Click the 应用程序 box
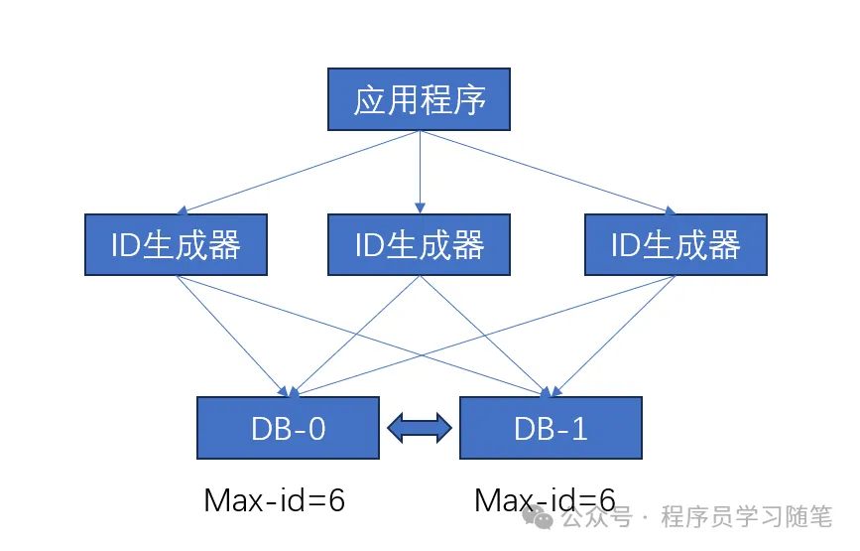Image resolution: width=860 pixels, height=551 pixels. (419, 99)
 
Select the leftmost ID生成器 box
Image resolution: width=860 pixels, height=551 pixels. (177, 244)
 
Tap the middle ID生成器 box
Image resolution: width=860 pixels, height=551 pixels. (419, 244)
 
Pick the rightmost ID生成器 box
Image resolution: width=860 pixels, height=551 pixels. (676, 244)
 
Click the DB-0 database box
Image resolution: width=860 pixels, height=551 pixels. (288, 428)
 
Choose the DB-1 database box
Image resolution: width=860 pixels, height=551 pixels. (551, 428)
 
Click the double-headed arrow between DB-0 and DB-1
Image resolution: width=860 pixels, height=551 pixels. (419, 428)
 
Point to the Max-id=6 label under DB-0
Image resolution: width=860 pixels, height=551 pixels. (274, 499)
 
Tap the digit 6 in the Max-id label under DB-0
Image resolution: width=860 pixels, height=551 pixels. (335, 499)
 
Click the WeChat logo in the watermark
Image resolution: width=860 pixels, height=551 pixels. (541, 517)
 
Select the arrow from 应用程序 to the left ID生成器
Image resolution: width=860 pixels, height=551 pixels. (298, 171)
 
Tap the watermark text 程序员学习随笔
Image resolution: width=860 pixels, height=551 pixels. (745, 517)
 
